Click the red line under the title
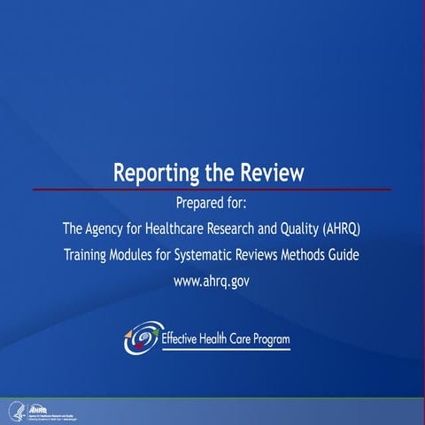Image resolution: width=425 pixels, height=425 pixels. pyautogui.click(x=212, y=189)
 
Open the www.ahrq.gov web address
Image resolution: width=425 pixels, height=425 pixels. pyautogui.click(x=212, y=282)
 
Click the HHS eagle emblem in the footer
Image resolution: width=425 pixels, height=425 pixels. pyautogui.click(x=15, y=411)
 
